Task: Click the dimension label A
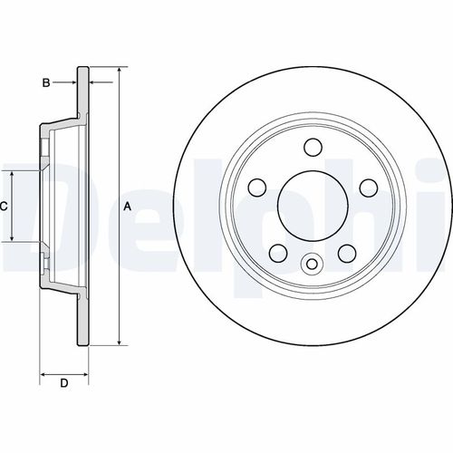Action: click(x=128, y=207)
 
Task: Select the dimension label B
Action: click(x=45, y=83)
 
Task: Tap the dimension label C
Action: click(x=4, y=207)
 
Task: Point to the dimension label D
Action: click(x=63, y=383)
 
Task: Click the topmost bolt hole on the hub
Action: click(x=313, y=146)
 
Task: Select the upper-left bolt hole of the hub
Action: click(x=257, y=187)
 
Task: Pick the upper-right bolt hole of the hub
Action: click(x=369, y=187)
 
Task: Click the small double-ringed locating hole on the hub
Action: click(x=313, y=265)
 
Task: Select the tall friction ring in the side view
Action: click(x=85, y=207)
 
